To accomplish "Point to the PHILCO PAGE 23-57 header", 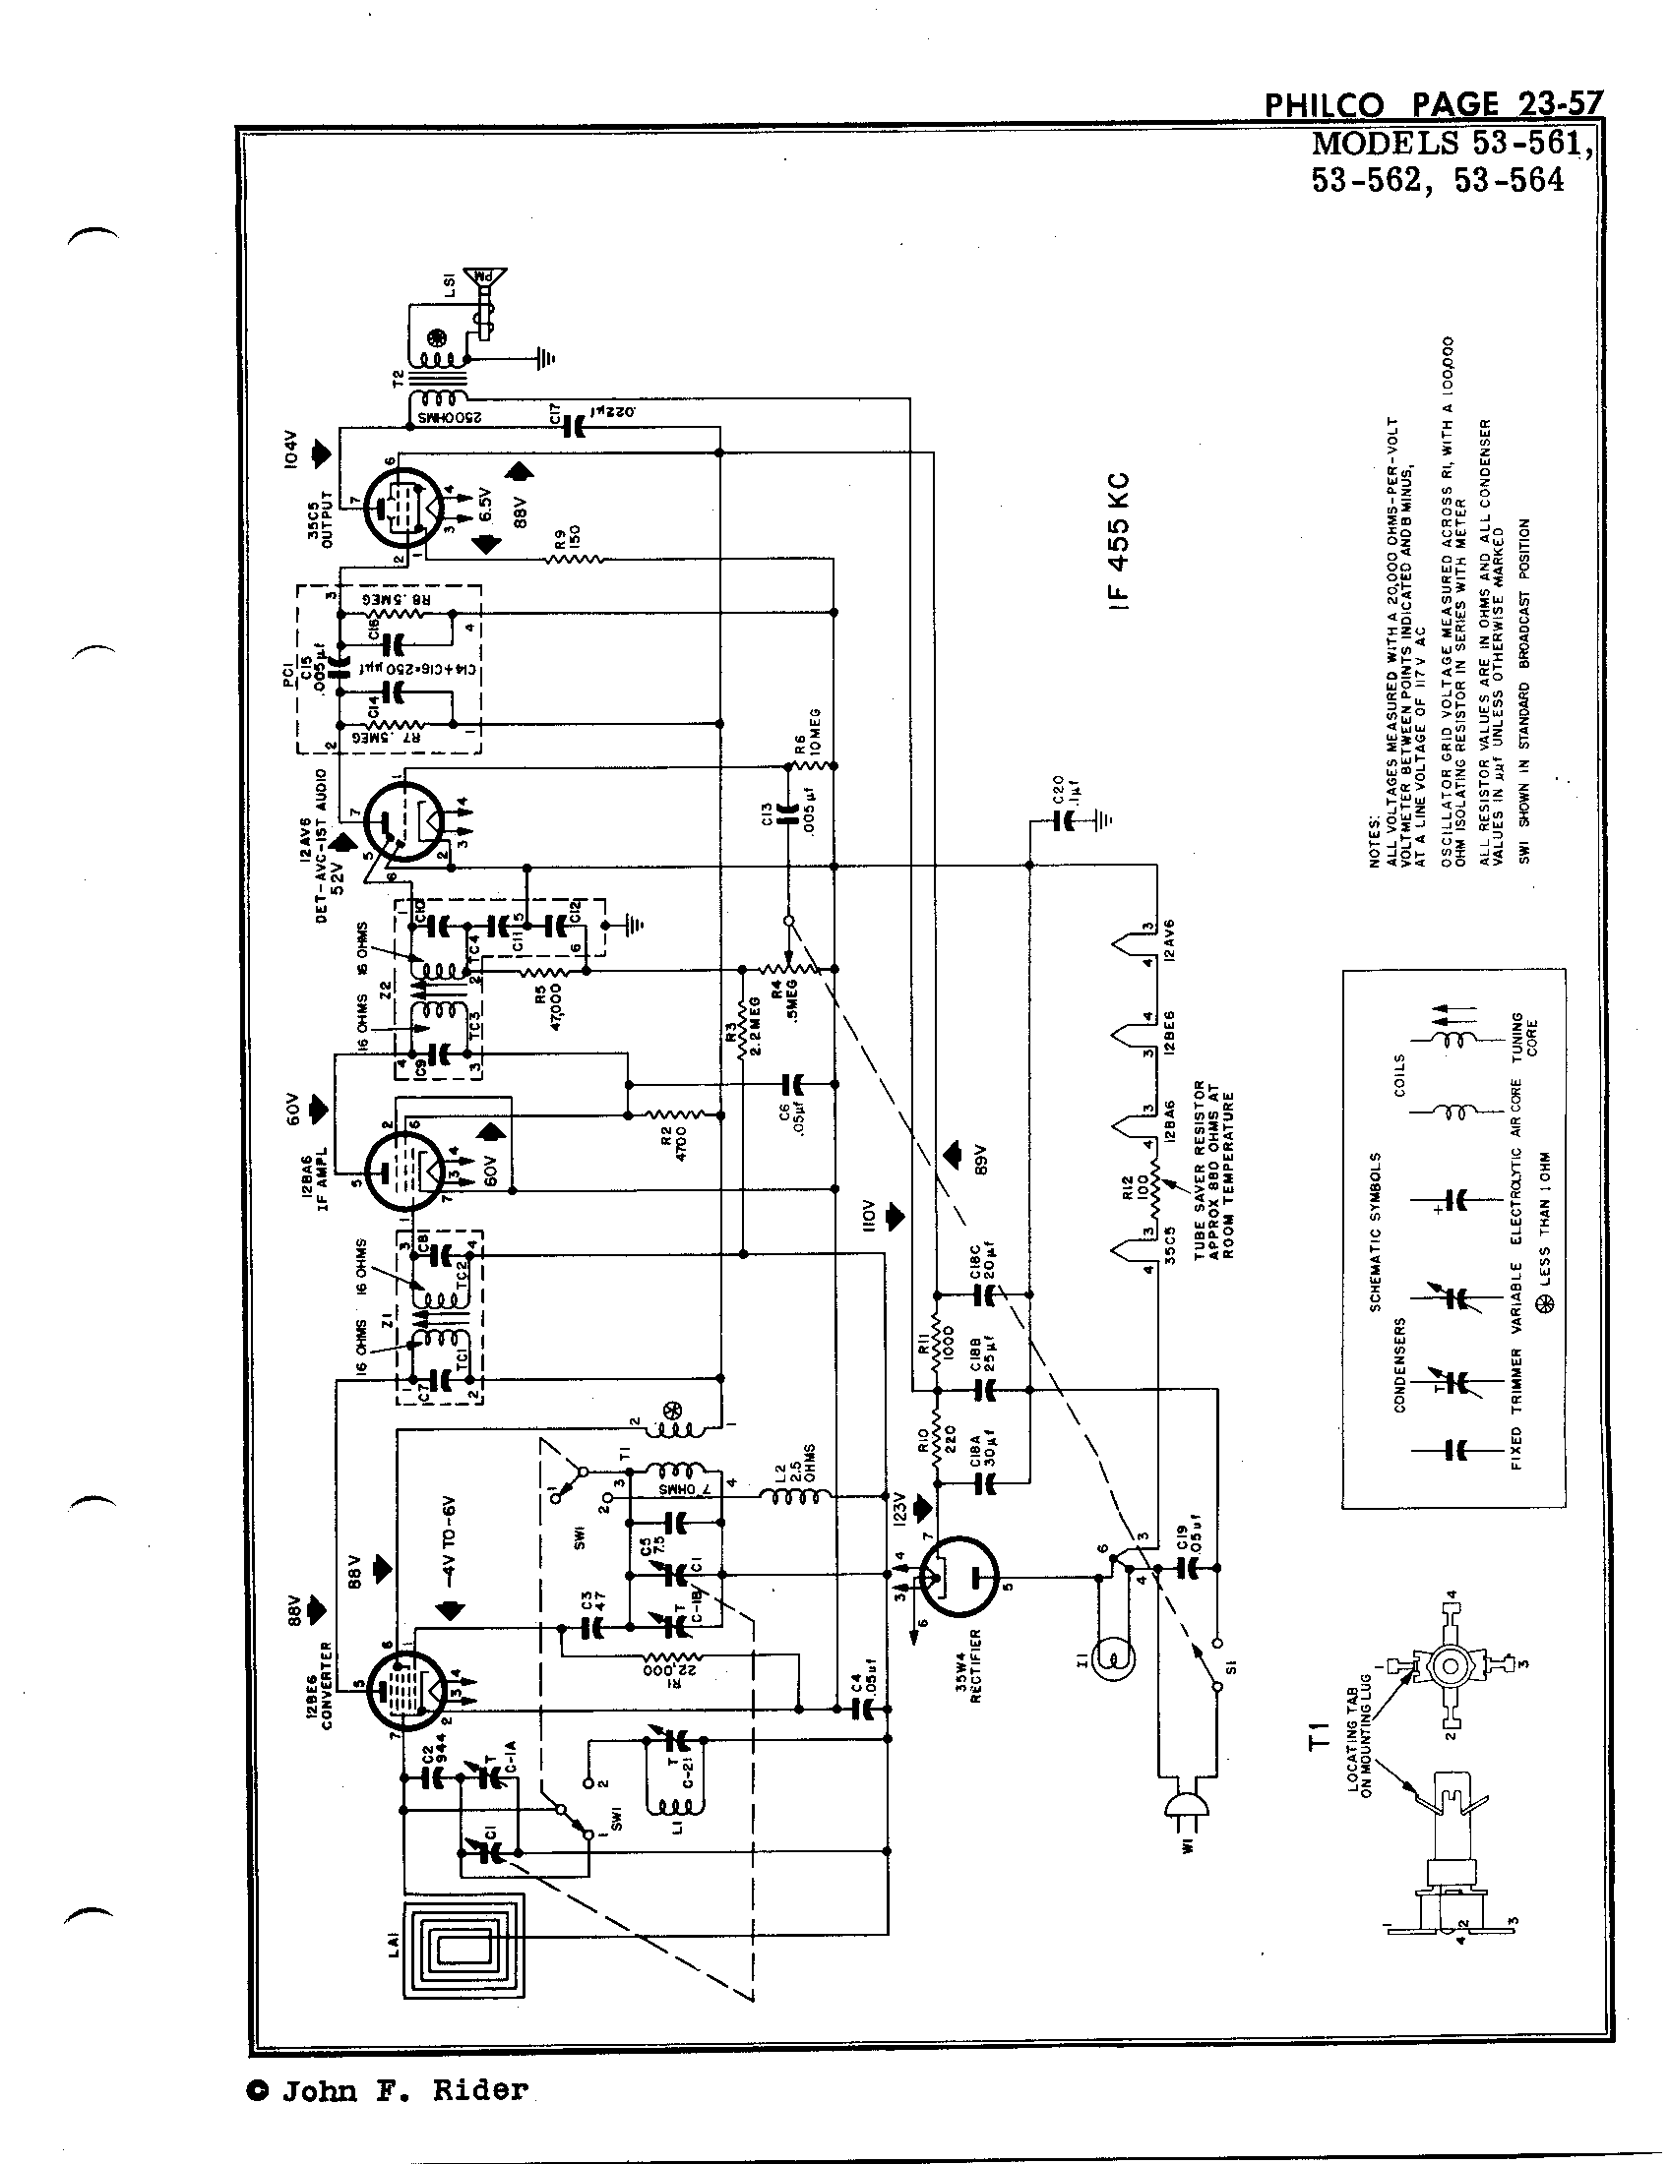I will tap(1431, 104).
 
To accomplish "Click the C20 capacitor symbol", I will tap(1066, 819).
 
